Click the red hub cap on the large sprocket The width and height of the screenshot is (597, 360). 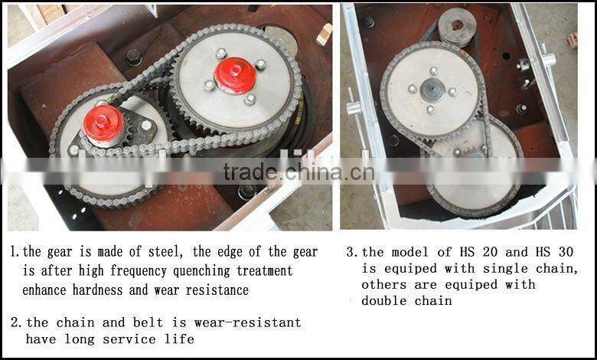tap(235, 75)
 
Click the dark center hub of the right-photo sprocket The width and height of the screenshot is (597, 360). tap(432, 90)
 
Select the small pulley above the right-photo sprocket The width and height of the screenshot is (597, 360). tap(457, 26)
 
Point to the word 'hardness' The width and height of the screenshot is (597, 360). tap(97, 290)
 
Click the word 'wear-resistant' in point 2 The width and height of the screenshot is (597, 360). tap(247, 322)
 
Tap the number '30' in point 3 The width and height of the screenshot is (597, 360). tap(566, 252)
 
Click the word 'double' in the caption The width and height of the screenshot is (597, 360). tap(383, 301)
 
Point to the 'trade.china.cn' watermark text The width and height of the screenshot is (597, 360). tap(298, 172)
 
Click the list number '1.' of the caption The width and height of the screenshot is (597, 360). tap(15, 251)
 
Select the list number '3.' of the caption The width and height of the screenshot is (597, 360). tap(352, 252)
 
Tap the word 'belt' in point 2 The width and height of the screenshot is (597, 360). tap(148, 322)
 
